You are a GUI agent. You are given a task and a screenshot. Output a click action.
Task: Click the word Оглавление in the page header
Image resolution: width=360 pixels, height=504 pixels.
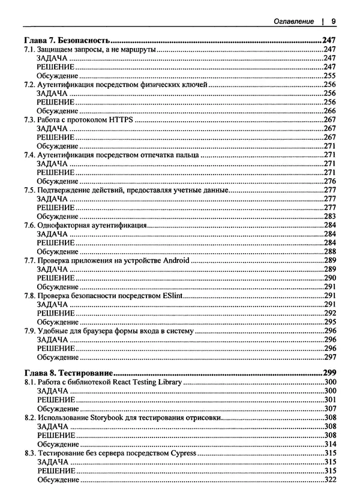click(x=293, y=21)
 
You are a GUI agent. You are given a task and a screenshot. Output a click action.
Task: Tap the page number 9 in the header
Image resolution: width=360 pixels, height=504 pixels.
click(x=332, y=21)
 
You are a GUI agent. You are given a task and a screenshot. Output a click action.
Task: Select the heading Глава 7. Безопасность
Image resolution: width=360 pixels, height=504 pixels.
click(x=65, y=41)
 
